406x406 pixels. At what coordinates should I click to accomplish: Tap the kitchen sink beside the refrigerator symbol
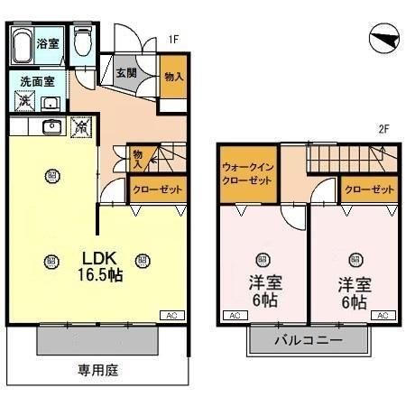coord(51,128)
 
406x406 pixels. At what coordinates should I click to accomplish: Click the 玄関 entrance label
coord(126,72)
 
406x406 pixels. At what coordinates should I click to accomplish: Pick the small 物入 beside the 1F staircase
coord(138,159)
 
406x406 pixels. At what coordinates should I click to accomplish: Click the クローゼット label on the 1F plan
coord(158,189)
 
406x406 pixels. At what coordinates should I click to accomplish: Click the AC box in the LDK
coord(170,315)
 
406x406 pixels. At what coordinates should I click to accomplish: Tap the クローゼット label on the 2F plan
coord(370,189)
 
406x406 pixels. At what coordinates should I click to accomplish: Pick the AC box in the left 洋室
coord(231,315)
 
